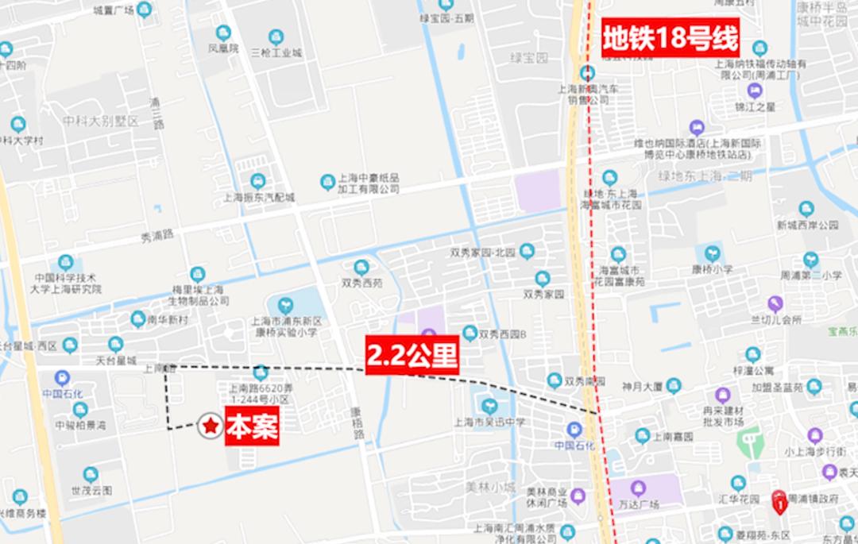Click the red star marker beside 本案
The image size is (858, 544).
pos(210,426)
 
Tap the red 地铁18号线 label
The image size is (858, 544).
pos(670,37)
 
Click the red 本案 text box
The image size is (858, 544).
pos(252,427)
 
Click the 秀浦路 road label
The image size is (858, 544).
pos(157,235)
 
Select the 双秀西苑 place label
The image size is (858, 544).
pos(361,281)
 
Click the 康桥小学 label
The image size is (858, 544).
pos(712,269)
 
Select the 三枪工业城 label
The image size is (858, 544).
pos(276,53)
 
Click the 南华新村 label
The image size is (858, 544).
pos(168,319)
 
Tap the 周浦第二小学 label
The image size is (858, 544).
pos(810,275)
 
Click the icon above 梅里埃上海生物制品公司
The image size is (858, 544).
pos(198,274)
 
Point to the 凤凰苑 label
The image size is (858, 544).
pos(223,48)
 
